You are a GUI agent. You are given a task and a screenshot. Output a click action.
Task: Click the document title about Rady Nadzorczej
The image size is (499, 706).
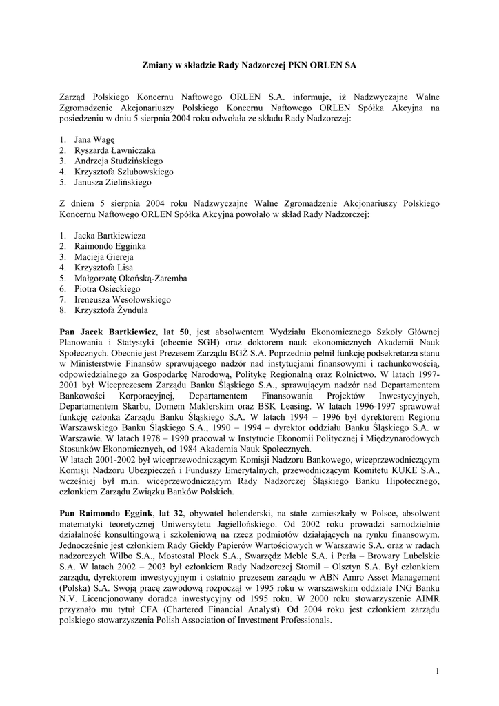click(x=250, y=64)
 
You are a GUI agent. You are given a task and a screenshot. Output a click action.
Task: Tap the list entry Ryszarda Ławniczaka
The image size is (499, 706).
click(x=114, y=150)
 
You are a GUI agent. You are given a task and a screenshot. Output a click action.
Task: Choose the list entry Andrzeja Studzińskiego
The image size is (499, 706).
click(x=119, y=161)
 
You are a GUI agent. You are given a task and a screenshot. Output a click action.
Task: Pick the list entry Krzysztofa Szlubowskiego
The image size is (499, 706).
click(x=123, y=172)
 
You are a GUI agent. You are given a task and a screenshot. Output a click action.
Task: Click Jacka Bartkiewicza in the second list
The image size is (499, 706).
click(x=110, y=235)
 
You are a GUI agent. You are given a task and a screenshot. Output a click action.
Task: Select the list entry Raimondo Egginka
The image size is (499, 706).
click(x=110, y=246)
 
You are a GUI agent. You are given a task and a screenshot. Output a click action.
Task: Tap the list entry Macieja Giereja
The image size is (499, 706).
click(x=104, y=256)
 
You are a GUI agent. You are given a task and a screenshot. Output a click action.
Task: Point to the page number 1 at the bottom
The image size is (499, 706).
click(x=437, y=671)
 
